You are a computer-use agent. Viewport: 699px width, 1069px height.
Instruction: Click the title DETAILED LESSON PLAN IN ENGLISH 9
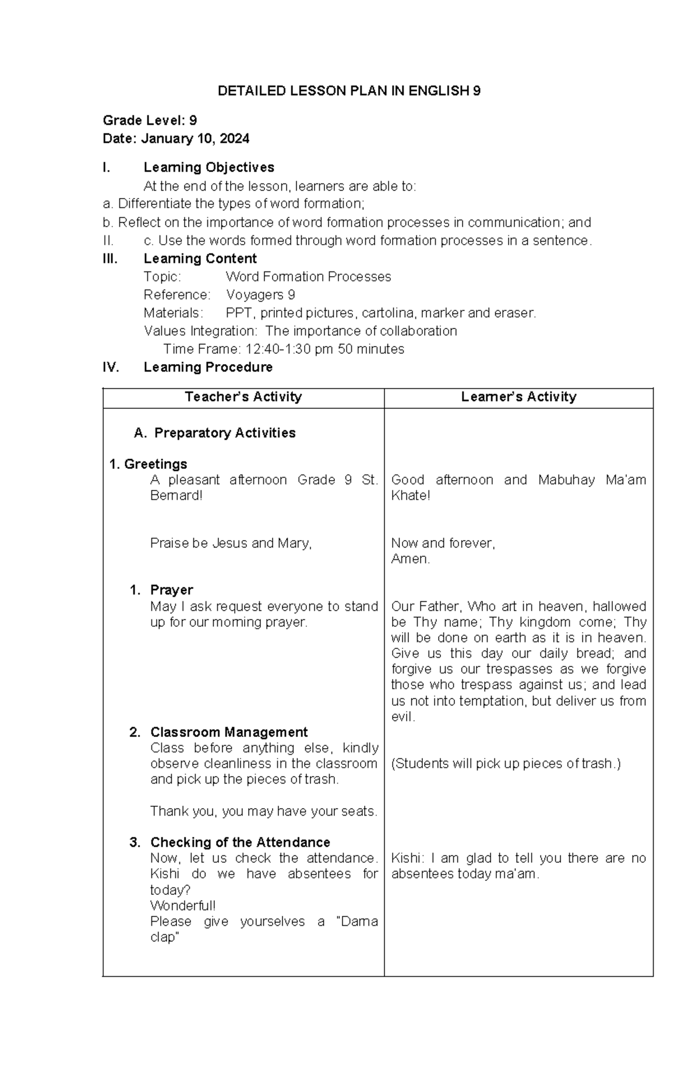pos(349,91)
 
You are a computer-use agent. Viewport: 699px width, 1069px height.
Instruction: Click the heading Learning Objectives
pos(209,167)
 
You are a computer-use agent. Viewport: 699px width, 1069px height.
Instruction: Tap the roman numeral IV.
pos(111,367)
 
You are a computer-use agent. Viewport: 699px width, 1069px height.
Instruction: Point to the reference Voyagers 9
pos(260,295)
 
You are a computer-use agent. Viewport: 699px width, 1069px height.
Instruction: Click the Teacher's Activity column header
pos(243,397)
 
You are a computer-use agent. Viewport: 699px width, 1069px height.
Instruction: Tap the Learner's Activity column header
pos(518,397)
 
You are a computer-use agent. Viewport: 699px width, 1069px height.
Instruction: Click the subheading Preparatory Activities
pos(224,433)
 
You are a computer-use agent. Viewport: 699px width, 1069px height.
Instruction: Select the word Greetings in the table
pos(156,464)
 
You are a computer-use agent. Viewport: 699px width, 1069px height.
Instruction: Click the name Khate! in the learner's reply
pos(410,496)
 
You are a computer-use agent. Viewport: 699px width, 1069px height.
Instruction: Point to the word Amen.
pos(410,559)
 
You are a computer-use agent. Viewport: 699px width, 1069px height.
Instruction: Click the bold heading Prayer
pos(171,590)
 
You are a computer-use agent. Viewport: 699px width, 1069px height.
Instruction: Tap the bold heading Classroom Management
pos(228,732)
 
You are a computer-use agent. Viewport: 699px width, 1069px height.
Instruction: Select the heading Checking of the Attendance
pos(240,842)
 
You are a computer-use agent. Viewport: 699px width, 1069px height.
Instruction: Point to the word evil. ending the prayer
pos(403,717)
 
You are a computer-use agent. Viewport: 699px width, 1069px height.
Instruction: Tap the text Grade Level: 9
pos(150,121)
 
